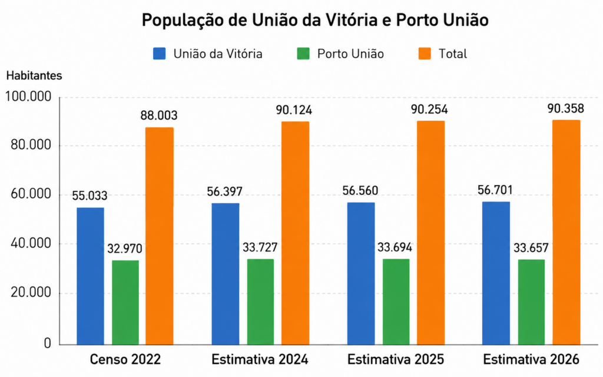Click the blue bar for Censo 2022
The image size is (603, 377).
tap(90, 276)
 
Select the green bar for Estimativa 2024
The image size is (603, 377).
tap(260, 302)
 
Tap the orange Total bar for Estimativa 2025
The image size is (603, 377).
tap(430, 233)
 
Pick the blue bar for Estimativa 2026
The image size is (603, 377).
tap(496, 273)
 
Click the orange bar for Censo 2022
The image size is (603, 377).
tap(159, 236)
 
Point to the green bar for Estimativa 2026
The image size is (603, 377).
tap(532, 302)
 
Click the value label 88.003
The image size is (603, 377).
tap(159, 115)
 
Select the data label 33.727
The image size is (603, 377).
tap(260, 247)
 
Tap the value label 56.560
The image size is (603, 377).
tap(360, 190)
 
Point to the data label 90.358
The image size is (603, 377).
tap(566, 109)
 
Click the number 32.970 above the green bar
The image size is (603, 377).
tap(125, 249)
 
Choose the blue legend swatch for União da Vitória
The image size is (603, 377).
tap(159, 54)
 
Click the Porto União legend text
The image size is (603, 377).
tap(350, 54)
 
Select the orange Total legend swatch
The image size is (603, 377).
tap(425, 54)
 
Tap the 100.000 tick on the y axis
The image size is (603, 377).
tap(28, 97)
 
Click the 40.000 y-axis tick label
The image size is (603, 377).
tap(31, 243)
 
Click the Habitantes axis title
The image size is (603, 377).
tap(34, 76)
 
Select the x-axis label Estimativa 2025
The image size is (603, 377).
tap(396, 360)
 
